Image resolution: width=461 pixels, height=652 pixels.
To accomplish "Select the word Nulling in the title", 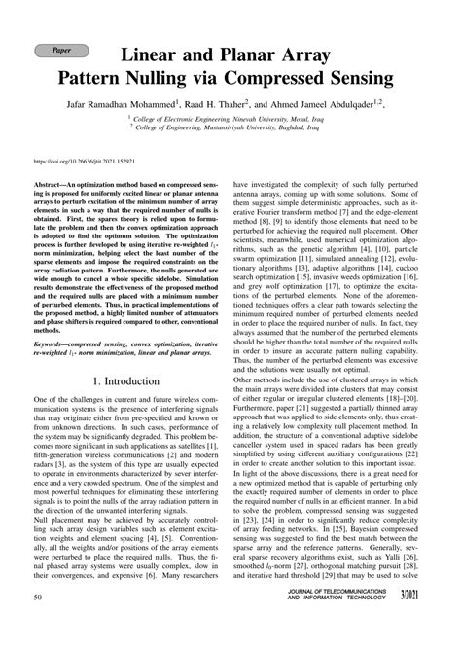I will pyautogui.click(x=222, y=75).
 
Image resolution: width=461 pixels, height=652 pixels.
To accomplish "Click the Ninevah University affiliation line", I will pyautogui.click(x=241, y=115).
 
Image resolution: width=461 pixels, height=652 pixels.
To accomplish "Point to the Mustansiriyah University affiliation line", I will pyautogui.click(x=241, y=126).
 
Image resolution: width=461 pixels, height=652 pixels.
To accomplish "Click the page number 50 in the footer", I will pyautogui.click(x=37, y=624).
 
